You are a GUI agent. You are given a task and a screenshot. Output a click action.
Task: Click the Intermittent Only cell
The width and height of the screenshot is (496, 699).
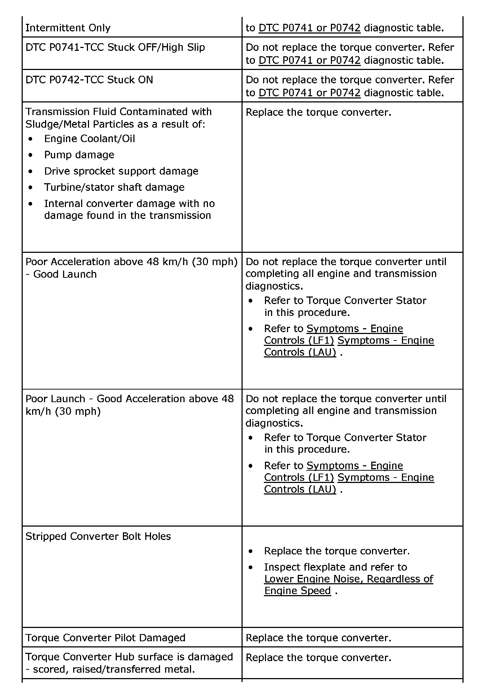[x=68, y=28]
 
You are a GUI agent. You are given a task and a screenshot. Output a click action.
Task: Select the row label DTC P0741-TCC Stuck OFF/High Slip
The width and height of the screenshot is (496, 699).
[x=115, y=47]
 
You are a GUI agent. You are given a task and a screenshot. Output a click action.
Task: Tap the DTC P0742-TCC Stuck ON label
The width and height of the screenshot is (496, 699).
[x=89, y=80]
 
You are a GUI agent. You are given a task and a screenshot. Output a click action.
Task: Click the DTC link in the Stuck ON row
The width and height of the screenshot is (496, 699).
[x=309, y=93]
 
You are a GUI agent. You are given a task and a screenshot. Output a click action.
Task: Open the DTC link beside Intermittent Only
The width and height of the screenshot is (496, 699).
[x=309, y=28]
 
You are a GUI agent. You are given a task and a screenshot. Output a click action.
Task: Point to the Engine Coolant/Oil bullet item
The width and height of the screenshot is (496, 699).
[x=89, y=139]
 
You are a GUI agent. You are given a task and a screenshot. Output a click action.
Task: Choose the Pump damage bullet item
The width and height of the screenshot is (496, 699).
[x=79, y=155]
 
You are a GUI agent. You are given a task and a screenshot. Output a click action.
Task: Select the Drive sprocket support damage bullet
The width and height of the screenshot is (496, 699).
[x=121, y=171]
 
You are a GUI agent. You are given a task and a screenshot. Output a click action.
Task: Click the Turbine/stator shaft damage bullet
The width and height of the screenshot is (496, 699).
[x=114, y=187]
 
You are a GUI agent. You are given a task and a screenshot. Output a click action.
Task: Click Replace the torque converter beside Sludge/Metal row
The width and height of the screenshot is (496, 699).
[x=318, y=112]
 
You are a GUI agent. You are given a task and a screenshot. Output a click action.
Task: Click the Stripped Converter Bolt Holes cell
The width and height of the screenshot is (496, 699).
[x=98, y=536]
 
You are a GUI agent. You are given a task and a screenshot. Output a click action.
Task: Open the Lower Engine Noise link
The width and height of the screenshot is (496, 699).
[x=348, y=579]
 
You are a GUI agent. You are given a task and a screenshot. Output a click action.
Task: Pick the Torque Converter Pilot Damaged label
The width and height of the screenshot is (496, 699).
[x=105, y=638]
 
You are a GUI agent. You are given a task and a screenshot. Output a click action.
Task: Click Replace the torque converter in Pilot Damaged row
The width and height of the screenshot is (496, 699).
[x=318, y=638]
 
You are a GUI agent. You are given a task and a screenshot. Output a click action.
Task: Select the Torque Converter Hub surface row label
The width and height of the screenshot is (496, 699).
[x=129, y=657]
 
